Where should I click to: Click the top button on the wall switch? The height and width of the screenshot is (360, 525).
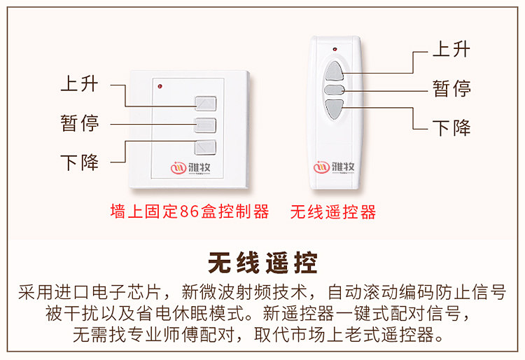pyautogui.click(x=205, y=104)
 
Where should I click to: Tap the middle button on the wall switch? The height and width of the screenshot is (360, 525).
pyautogui.click(x=205, y=126)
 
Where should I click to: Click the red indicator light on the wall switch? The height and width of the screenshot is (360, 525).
pyautogui.click(x=161, y=87)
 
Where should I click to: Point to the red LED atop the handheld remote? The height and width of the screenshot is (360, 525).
pyautogui.click(x=335, y=50)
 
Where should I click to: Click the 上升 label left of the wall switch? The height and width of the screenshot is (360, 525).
pyautogui.click(x=79, y=85)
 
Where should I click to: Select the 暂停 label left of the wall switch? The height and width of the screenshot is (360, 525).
pyautogui.click(x=79, y=124)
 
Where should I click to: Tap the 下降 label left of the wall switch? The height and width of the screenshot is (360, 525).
pyautogui.click(x=79, y=163)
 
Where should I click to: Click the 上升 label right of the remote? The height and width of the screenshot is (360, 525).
pyautogui.click(x=451, y=50)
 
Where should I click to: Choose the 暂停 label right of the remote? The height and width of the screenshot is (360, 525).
pyautogui.click(x=451, y=88)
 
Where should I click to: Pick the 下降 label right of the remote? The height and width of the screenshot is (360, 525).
pyautogui.click(x=451, y=127)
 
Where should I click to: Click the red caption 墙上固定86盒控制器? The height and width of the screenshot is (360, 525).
pyautogui.click(x=190, y=212)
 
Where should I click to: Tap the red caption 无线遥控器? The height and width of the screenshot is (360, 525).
pyautogui.click(x=333, y=212)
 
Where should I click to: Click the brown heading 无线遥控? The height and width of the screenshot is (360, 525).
pyautogui.click(x=262, y=263)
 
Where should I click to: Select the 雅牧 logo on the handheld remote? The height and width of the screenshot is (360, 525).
pyautogui.click(x=335, y=167)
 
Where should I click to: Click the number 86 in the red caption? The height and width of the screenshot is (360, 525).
pyautogui.click(x=188, y=212)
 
